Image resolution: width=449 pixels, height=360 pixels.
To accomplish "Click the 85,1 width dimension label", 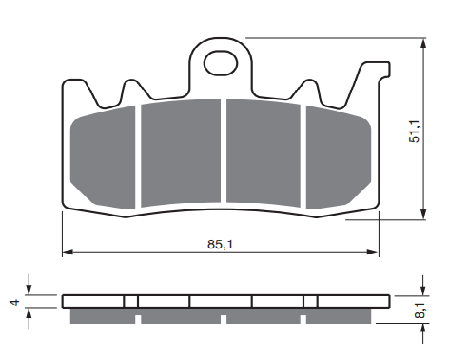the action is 220,244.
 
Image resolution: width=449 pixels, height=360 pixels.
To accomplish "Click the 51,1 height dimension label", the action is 414,131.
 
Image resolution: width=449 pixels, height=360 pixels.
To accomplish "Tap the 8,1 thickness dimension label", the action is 420,310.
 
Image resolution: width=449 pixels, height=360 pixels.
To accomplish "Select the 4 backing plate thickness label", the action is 15,302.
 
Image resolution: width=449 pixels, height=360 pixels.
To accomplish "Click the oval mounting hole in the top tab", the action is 221,63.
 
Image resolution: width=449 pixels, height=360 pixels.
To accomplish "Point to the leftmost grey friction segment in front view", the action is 103,158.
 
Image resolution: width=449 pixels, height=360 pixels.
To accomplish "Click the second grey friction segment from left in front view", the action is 181,153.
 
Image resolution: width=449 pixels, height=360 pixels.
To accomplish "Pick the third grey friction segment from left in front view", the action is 263,153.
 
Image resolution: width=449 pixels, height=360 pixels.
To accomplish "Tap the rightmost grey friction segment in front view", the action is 338,158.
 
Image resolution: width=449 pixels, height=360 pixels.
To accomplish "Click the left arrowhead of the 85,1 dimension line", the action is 67,252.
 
